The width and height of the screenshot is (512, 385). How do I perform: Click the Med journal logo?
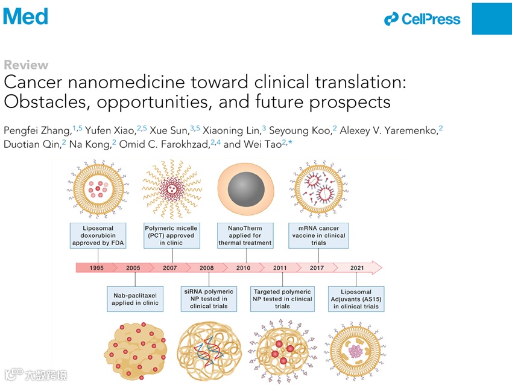click(x=25, y=16)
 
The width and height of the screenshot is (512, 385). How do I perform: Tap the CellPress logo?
click(x=422, y=19)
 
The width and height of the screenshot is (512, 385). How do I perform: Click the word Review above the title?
click(x=26, y=65)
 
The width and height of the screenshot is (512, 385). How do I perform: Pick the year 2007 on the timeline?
click(x=170, y=267)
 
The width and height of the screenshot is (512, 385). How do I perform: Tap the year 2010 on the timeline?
click(x=244, y=267)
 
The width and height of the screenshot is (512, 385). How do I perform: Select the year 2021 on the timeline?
click(x=357, y=267)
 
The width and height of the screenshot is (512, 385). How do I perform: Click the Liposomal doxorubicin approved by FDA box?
click(x=98, y=235)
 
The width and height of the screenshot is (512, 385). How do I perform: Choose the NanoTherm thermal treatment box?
click(x=245, y=235)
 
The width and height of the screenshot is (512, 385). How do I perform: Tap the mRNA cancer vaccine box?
click(x=319, y=235)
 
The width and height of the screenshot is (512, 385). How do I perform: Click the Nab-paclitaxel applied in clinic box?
click(x=135, y=299)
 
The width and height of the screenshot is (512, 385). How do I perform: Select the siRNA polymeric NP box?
click(x=209, y=299)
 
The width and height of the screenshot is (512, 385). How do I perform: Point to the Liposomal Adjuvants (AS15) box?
click(x=356, y=299)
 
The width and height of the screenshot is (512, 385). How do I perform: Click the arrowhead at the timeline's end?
click(x=376, y=267)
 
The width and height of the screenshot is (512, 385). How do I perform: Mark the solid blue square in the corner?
click(x=491, y=18)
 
